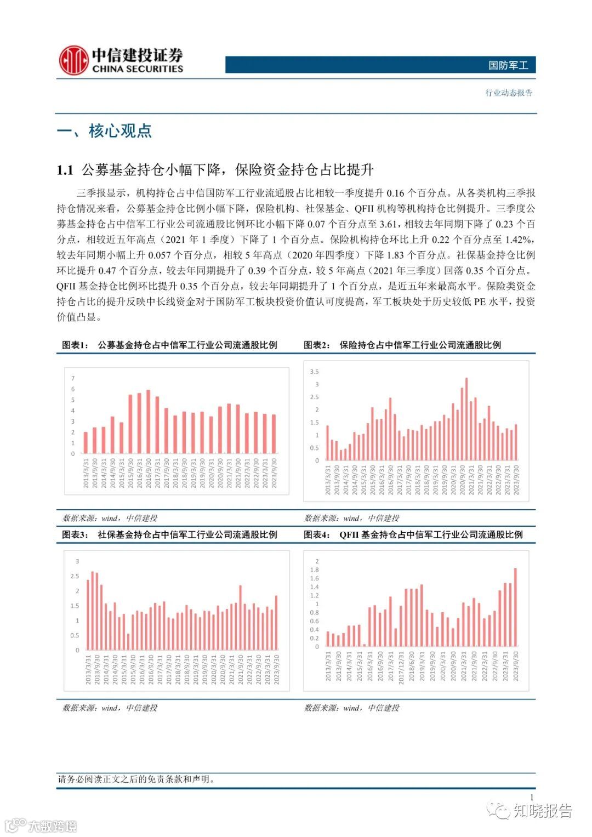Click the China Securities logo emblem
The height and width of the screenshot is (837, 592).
click(x=73, y=60)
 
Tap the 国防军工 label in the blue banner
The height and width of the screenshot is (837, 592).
click(x=508, y=65)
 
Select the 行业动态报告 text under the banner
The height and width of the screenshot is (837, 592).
click(x=509, y=93)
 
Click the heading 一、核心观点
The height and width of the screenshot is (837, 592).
click(x=104, y=131)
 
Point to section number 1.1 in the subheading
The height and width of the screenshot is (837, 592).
click(x=65, y=170)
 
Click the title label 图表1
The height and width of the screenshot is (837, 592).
click(x=75, y=345)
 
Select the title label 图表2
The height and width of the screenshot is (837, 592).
click(x=317, y=345)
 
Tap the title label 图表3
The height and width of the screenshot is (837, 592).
click(x=75, y=534)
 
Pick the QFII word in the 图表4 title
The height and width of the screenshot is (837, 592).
click(x=349, y=534)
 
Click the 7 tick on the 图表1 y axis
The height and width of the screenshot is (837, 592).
click(x=73, y=378)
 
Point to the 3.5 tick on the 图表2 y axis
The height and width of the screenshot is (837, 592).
click(x=314, y=372)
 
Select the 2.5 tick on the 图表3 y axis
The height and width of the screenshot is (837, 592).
click(x=75, y=576)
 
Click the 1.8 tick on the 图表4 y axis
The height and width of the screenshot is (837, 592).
click(x=314, y=570)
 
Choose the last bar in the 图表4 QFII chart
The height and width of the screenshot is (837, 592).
click(x=515, y=607)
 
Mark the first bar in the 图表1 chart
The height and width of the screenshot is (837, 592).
click(x=86, y=442)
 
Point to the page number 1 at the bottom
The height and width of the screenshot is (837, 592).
click(x=531, y=797)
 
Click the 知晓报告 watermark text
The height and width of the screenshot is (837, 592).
click(x=542, y=811)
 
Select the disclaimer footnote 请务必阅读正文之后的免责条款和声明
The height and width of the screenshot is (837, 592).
click(x=136, y=779)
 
